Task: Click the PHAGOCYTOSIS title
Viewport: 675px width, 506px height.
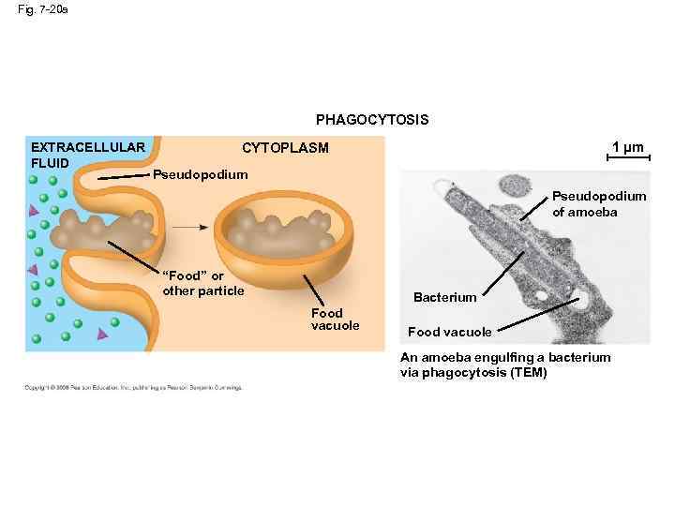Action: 372,120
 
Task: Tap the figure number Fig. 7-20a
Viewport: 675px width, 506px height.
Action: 42,9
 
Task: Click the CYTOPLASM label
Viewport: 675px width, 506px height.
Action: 285,148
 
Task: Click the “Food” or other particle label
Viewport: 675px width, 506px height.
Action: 202,283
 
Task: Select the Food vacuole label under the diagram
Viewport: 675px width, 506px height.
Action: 335,319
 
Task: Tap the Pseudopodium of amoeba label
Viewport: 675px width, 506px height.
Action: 598,203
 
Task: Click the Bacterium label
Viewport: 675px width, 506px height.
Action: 444,297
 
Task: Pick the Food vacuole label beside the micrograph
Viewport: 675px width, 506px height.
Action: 449,332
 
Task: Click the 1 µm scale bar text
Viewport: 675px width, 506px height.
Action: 627,147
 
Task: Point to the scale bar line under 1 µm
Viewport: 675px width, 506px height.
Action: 627,159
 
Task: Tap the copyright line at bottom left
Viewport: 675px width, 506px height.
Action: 133,387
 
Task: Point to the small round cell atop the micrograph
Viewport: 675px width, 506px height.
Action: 514,187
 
